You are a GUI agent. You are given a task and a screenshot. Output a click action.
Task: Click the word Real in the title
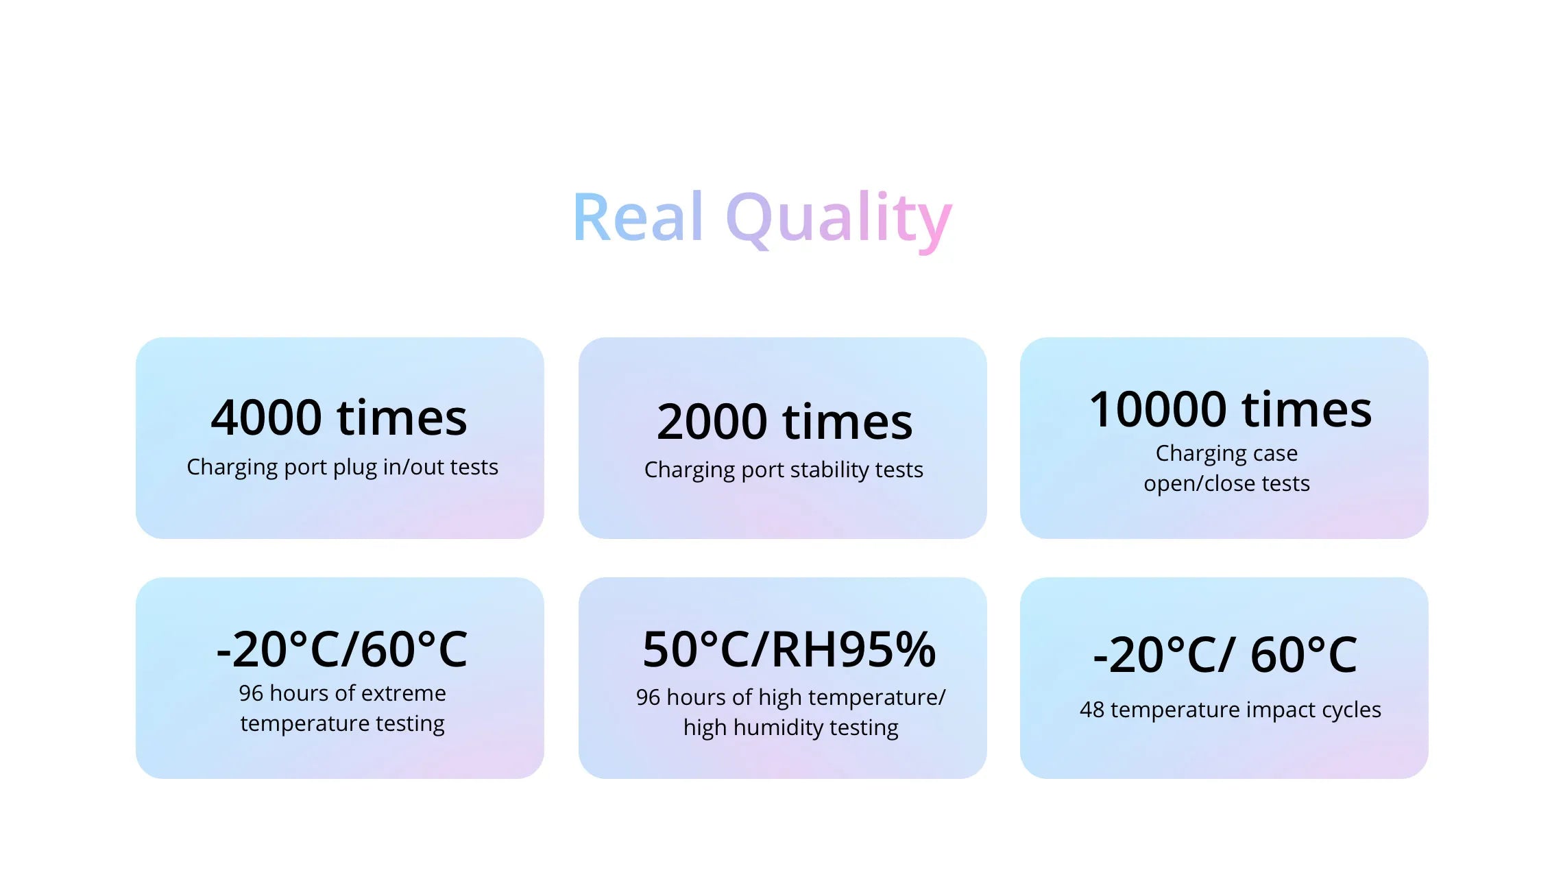coord(638,217)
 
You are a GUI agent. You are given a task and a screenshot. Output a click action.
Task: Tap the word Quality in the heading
coord(838,220)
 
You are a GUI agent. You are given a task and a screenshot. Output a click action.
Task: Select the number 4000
coord(266,418)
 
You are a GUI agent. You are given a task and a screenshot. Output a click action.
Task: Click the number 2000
coord(712,422)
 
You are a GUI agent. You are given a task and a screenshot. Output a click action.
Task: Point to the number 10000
coord(1158,409)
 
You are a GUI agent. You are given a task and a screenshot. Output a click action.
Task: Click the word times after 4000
coord(402,418)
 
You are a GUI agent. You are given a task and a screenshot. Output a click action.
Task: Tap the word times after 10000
coord(1307,409)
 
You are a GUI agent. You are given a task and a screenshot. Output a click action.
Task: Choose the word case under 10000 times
coord(1274,454)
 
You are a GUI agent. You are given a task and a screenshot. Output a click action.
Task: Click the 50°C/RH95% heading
coord(789,649)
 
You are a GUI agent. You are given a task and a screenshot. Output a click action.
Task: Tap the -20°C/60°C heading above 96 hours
coord(341,649)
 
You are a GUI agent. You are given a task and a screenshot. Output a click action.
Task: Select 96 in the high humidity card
coord(648,697)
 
